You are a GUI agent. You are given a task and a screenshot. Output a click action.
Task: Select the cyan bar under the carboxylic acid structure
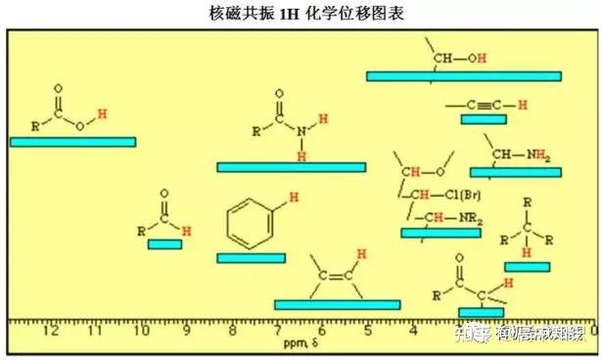(72, 142)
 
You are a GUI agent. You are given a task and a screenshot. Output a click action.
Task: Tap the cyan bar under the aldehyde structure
(164, 245)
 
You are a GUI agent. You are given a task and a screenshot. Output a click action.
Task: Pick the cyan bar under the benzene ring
(251, 258)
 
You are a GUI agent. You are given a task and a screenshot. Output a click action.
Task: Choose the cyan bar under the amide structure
(291, 167)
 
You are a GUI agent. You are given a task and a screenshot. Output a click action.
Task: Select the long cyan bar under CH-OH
(463, 76)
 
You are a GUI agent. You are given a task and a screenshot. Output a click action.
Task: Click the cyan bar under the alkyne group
(483, 119)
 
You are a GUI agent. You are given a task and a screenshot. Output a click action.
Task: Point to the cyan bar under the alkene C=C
(337, 305)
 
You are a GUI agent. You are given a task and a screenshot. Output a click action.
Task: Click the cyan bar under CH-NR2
(440, 233)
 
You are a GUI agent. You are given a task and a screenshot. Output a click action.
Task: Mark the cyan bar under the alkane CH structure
(527, 267)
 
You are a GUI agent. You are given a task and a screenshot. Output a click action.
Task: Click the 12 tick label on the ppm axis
(51, 331)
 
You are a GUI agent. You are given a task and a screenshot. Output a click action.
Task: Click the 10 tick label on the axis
(141, 331)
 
